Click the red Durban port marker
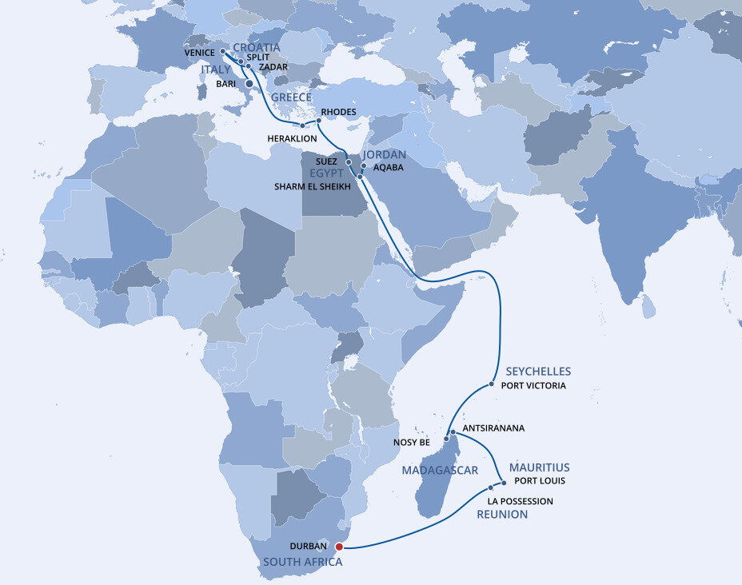(x=339, y=547)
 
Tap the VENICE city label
(x=200, y=53)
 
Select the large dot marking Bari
(x=249, y=83)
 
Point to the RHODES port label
(x=337, y=112)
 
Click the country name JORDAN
(x=385, y=154)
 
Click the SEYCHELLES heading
(x=538, y=372)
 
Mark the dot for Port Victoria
(x=492, y=385)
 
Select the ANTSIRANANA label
(x=493, y=428)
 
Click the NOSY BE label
(x=413, y=442)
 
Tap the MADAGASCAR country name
(x=440, y=470)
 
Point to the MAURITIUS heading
(x=539, y=468)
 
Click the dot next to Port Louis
(x=504, y=482)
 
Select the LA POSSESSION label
(x=520, y=501)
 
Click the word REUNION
(x=502, y=515)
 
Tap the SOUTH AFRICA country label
(x=302, y=562)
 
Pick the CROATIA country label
(x=257, y=47)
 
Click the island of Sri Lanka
(x=648, y=306)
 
